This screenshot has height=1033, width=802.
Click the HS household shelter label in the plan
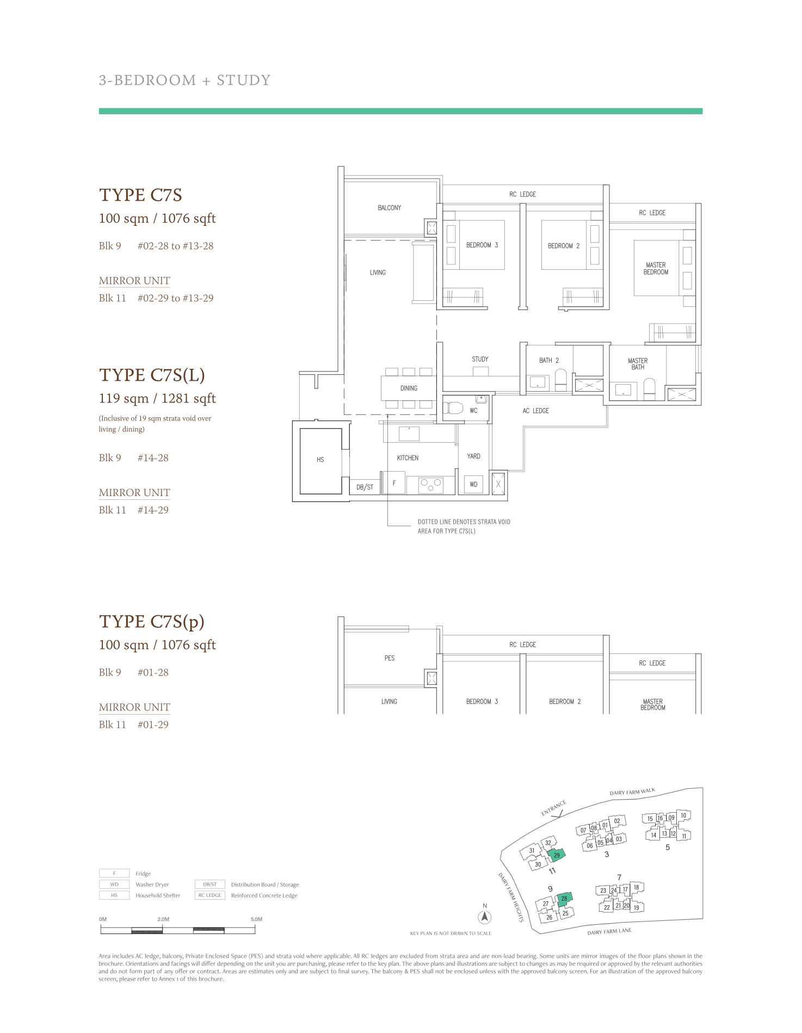pyautogui.click(x=320, y=460)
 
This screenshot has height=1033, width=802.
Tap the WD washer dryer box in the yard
pyautogui.click(x=473, y=484)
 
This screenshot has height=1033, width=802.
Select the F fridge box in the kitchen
pyautogui.click(x=394, y=483)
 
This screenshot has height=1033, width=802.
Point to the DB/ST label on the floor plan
pyautogui.click(x=365, y=487)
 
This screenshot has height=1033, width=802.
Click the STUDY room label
pyautogui.click(x=480, y=359)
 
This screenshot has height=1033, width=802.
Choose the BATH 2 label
pyautogui.click(x=549, y=360)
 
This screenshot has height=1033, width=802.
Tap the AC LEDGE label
pyautogui.click(x=535, y=411)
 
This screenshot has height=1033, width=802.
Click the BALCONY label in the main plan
pyautogui.click(x=390, y=208)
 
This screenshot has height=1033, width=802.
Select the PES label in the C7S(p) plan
pyautogui.click(x=390, y=658)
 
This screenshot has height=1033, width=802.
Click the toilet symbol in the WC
pyautogui.click(x=453, y=408)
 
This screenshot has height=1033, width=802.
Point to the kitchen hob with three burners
pyautogui.click(x=430, y=485)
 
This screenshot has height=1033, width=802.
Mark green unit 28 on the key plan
pyautogui.click(x=564, y=898)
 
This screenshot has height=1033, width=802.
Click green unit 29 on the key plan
pyautogui.click(x=557, y=855)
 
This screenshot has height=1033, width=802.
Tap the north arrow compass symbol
pyautogui.click(x=485, y=917)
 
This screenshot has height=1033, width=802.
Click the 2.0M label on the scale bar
pyautogui.click(x=163, y=919)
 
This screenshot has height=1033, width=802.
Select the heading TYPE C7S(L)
pyautogui.click(x=152, y=375)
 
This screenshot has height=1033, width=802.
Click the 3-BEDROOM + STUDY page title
pyautogui.click(x=184, y=81)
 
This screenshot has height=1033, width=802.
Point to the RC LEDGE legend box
pyautogui.click(x=210, y=895)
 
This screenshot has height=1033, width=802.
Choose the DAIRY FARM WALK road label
pyautogui.click(x=632, y=791)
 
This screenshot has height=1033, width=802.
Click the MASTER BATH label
pyautogui.click(x=638, y=364)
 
